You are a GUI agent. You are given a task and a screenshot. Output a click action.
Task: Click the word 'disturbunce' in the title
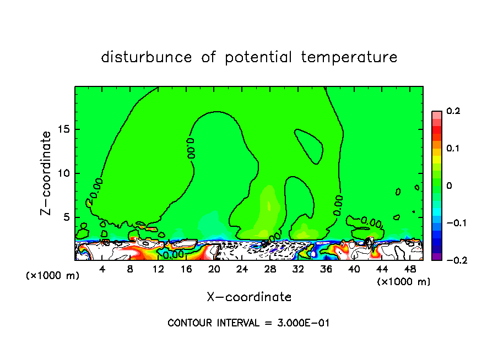pos(147,57)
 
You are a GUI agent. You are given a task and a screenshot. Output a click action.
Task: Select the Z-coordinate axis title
pos(46,173)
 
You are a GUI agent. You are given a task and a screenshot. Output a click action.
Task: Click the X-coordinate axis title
pos(249,297)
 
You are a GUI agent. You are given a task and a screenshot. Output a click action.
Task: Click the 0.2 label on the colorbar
pos(453,111)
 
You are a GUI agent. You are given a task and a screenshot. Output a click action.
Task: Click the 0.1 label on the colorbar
pos(453,149)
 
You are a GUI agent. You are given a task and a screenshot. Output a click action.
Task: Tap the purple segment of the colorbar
pos(436,256)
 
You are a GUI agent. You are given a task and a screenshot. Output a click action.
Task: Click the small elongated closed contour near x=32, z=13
pos(307,145)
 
